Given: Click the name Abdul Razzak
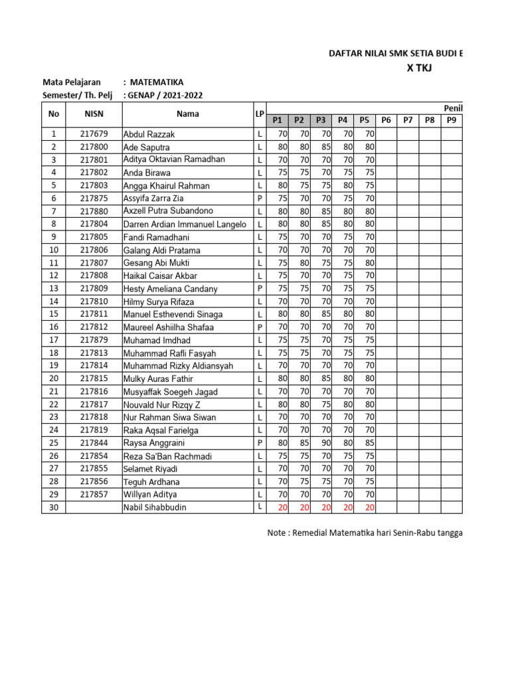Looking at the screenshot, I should [149, 134].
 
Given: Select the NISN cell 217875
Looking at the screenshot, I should [94, 198].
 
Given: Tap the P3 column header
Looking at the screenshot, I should [321, 120].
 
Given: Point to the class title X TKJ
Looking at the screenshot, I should [418, 68].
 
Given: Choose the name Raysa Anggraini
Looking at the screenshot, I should [154, 443].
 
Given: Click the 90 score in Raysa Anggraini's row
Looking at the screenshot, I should [324, 443].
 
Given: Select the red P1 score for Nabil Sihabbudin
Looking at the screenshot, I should [282, 507].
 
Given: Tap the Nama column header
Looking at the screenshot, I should [188, 114].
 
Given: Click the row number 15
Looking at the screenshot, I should [53, 314].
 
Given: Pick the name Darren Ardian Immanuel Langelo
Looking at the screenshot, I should [185, 224].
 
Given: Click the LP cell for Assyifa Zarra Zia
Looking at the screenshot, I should [260, 198].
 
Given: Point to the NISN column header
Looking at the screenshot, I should [94, 114].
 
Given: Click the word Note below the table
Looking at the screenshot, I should [278, 532].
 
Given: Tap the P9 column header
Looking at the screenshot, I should [452, 120].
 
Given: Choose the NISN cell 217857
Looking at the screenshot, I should [94, 495].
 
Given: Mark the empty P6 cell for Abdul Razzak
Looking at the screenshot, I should [386, 134].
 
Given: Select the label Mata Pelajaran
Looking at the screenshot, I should [72, 82].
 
